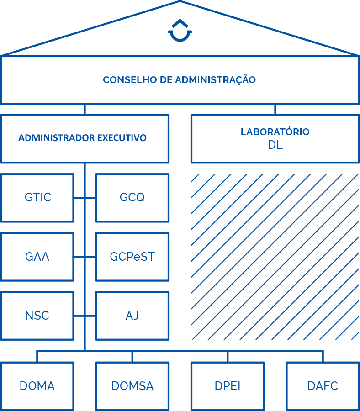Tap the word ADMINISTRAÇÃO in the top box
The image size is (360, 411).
[215, 79]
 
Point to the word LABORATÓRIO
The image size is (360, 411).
[275, 131]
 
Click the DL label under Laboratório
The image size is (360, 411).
[275, 145]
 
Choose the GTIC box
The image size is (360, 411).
[37, 198]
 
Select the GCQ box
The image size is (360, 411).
[132, 198]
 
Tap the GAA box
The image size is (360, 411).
[37, 257]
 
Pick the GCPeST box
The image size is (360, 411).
[132, 257]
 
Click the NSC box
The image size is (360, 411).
[37, 316]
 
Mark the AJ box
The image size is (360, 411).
[132, 316]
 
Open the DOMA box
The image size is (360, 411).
[37, 386]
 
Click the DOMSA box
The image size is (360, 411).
[132, 386]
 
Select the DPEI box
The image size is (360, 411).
[228, 386]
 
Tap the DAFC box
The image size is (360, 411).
[323, 386]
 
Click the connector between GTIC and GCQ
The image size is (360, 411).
[85, 198]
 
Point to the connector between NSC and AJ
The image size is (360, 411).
[85, 316]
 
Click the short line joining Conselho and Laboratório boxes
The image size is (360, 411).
[275, 109]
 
